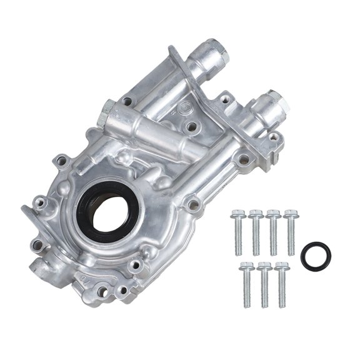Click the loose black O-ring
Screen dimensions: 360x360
pos(316,256)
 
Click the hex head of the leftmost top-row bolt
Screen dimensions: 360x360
pos(237,216)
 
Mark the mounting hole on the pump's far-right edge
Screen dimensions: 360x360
pos(273,137)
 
